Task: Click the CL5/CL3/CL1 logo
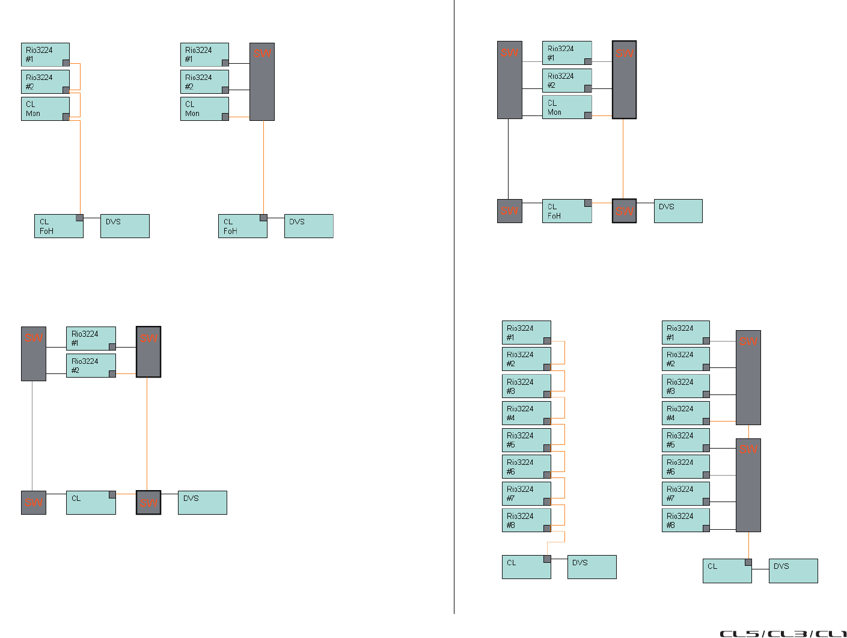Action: [783, 633]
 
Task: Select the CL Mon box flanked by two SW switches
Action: [567, 107]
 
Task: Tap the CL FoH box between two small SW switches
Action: [567, 211]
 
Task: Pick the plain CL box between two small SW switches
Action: [91, 503]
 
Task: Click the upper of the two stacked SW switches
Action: [748, 378]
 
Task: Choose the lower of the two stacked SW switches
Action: [748, 485]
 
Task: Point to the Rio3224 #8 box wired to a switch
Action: [685, 520]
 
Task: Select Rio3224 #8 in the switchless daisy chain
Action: [526, 520]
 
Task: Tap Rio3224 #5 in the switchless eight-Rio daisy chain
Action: [526, 440]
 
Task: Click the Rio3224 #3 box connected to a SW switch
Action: [685, 386]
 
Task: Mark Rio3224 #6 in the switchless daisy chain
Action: [526, 467]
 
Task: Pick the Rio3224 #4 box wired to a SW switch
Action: [685, 413]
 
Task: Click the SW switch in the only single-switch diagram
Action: [262, 82]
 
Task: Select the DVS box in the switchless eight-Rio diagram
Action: [592, 567]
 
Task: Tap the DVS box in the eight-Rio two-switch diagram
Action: [793, 571]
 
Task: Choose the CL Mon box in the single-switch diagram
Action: [204, 109]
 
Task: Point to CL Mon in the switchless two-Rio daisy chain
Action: [45, 109]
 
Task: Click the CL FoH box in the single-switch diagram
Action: [242, 226]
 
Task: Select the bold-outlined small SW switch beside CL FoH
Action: [624, 211]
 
